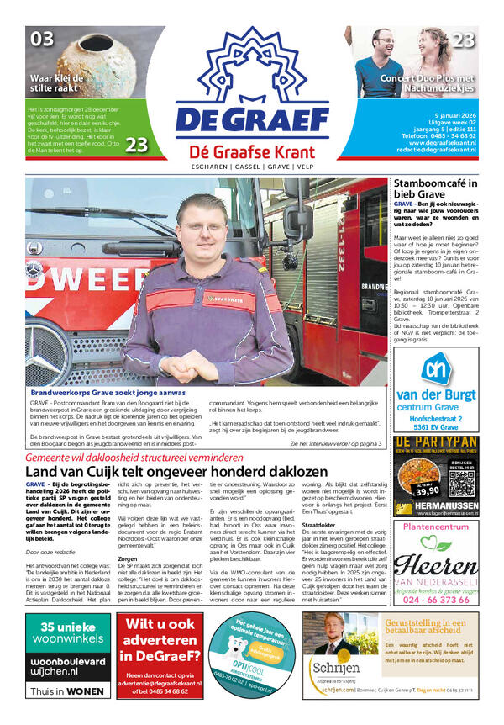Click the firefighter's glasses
(203, 226)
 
